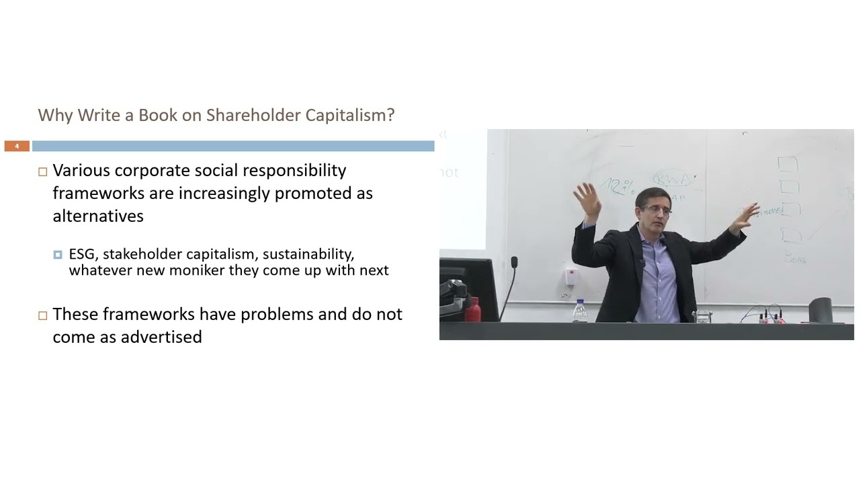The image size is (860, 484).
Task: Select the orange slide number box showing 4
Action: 17,146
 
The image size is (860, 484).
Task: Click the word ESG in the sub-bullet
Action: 83,254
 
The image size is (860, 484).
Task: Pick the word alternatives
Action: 98,216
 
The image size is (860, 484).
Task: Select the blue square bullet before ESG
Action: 58,255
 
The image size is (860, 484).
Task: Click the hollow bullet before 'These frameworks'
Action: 42,315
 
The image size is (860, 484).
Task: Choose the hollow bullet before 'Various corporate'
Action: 42,171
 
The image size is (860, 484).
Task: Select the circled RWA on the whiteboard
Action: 672,179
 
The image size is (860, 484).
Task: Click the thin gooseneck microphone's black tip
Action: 514,261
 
